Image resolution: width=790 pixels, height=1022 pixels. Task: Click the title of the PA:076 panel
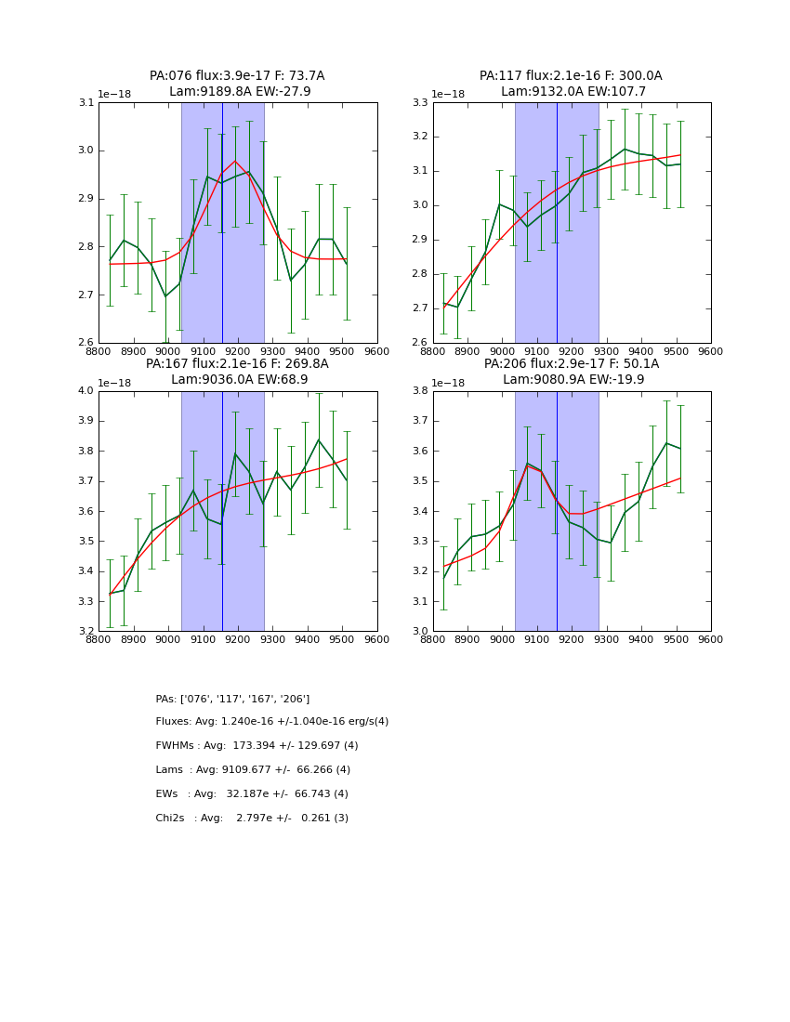(x=237, y=84)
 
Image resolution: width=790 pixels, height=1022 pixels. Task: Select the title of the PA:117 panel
(x=571, y=84)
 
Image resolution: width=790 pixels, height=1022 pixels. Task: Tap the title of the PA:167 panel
(x=237, y=372)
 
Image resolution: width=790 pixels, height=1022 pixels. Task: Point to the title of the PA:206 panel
(x=571, y=372)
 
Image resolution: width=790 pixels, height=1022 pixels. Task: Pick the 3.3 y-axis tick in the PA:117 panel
(x=421, y=103)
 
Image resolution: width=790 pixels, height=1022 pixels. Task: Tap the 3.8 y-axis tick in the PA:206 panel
(x=421, y=391)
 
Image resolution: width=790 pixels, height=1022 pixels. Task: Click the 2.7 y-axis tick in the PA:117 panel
(x=421, y=308)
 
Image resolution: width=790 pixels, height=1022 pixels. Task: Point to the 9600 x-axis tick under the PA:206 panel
(x=710, y=639)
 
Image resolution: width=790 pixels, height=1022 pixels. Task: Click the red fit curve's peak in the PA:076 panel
(x=235, y=162)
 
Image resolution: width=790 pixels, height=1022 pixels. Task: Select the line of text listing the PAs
(x=232, y=699)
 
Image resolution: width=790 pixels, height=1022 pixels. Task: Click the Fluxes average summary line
(x=271, y=722)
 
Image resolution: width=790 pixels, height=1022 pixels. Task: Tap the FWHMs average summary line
(x=257, y=746)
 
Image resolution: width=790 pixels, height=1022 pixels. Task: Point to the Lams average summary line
(x=253, y=770)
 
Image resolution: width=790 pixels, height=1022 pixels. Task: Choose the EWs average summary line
(x=252, y=794)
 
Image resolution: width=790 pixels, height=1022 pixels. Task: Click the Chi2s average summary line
(x=252, y=819)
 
